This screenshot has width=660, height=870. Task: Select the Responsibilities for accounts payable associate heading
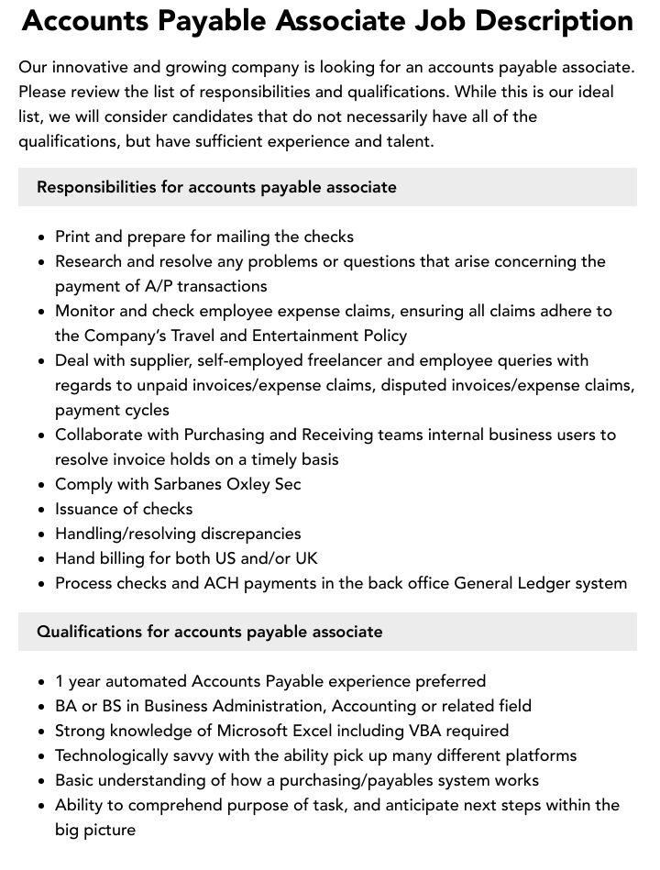(216, 187)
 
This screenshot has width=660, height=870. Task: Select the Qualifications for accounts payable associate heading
(210, 632)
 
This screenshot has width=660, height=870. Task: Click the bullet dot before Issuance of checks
(42, 510)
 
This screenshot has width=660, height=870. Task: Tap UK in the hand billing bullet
(306, 558)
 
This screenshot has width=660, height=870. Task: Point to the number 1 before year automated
(60, 681)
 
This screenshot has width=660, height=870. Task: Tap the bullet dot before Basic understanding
(42, 781)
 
